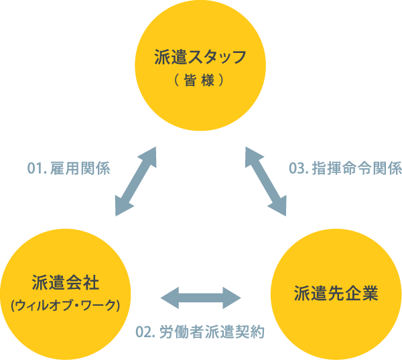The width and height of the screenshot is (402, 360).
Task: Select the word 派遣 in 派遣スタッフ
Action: coord(172,57)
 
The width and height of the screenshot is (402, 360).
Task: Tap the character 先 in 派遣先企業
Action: coord(336,294)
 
